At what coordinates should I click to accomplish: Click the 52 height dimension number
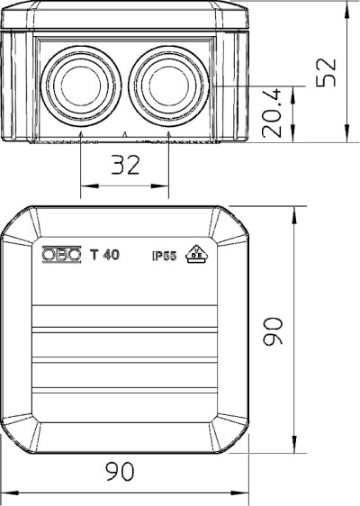click(326, 72)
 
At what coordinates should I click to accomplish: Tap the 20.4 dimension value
click(272, 113)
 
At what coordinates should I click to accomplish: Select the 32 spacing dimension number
click(125, 165)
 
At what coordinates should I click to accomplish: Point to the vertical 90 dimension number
click(273, 331)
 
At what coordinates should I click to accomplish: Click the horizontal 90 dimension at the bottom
click(120, 471)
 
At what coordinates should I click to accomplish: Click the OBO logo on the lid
click(61, 255)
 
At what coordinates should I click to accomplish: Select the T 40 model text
click(104, 255)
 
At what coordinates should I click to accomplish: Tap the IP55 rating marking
click(165, 257)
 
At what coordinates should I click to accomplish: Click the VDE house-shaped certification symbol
click(196, 254)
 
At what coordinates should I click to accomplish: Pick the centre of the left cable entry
click(81, 86)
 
